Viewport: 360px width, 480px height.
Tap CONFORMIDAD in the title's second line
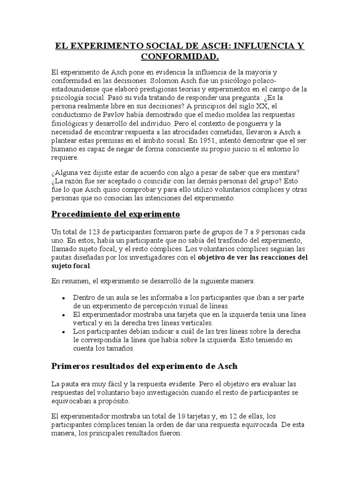tap(180, 57)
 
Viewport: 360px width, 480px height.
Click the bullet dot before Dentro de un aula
tap(63, 298)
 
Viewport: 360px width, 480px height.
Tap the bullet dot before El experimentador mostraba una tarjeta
tap(63, 315)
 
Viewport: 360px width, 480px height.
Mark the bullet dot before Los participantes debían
tap(63, 332)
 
